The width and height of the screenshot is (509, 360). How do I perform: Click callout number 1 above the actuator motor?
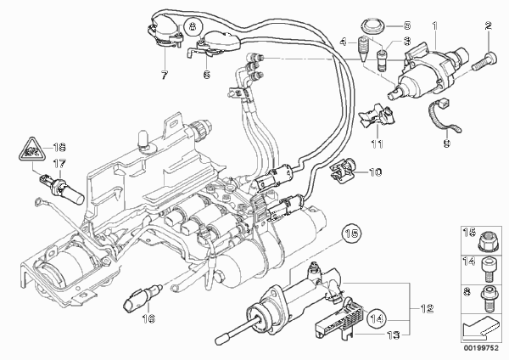click(434, 25)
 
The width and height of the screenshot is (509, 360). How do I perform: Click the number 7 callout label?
click(165, 76)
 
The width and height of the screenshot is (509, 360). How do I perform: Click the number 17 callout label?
click(59, 164)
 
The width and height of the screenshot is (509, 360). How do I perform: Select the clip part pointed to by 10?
click(343, 168)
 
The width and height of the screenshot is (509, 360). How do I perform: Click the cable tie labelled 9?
click(443, 115)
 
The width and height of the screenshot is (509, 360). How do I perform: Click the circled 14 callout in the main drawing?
click(377, 318)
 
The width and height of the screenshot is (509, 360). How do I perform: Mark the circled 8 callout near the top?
click(193, 26)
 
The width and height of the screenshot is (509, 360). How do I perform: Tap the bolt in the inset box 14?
click(488, 270)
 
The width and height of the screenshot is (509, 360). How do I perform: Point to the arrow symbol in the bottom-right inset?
click(481, 328)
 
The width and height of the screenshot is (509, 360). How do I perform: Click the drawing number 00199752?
click(481, 348)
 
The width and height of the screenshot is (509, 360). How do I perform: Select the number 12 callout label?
click(427, 308)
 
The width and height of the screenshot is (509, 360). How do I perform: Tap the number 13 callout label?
click(393, 335)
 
